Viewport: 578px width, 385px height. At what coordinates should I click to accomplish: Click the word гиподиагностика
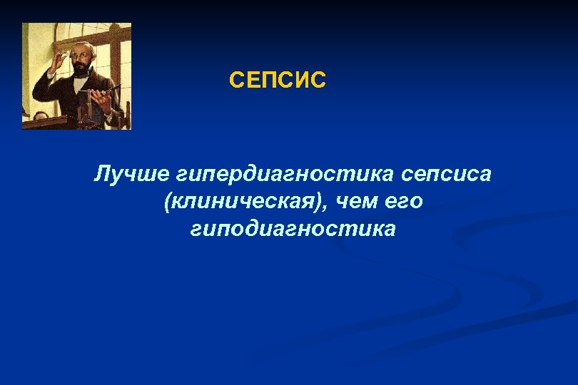293,230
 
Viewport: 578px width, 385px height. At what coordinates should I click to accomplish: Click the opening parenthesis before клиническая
166,202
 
